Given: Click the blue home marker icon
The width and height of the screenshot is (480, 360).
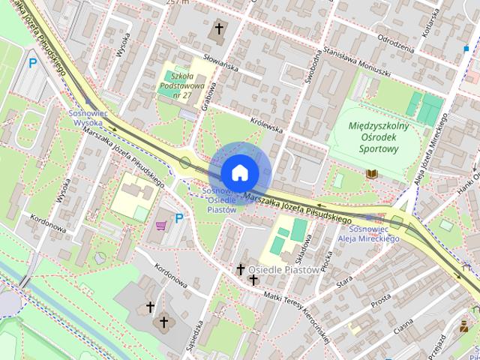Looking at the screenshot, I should point(239,172).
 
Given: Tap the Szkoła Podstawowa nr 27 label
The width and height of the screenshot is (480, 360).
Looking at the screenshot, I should point(181,85).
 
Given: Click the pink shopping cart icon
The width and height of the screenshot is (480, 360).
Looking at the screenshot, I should point(160,223).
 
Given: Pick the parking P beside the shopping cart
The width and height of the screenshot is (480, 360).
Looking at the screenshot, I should point(178,218).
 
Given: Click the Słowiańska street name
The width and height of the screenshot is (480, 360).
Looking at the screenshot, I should point(220,67).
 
